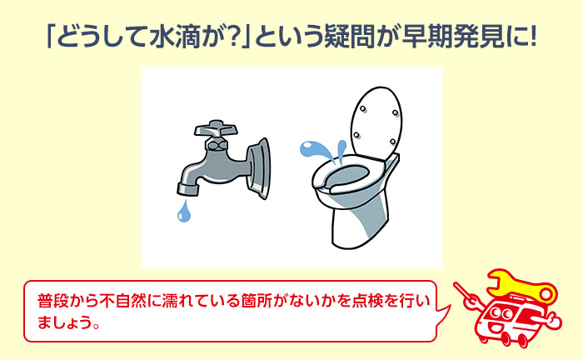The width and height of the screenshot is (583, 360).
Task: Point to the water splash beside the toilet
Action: pyautogui.click(x=321, y=152)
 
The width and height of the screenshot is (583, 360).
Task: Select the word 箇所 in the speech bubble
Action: pyautogui.click(x=280, y=299)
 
